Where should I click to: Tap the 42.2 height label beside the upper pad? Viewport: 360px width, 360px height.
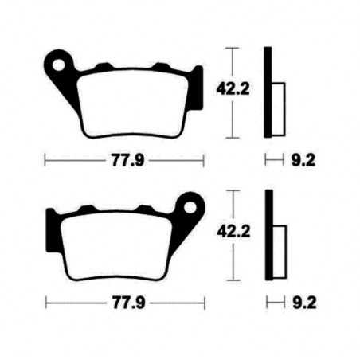click(x=230, y=92)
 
